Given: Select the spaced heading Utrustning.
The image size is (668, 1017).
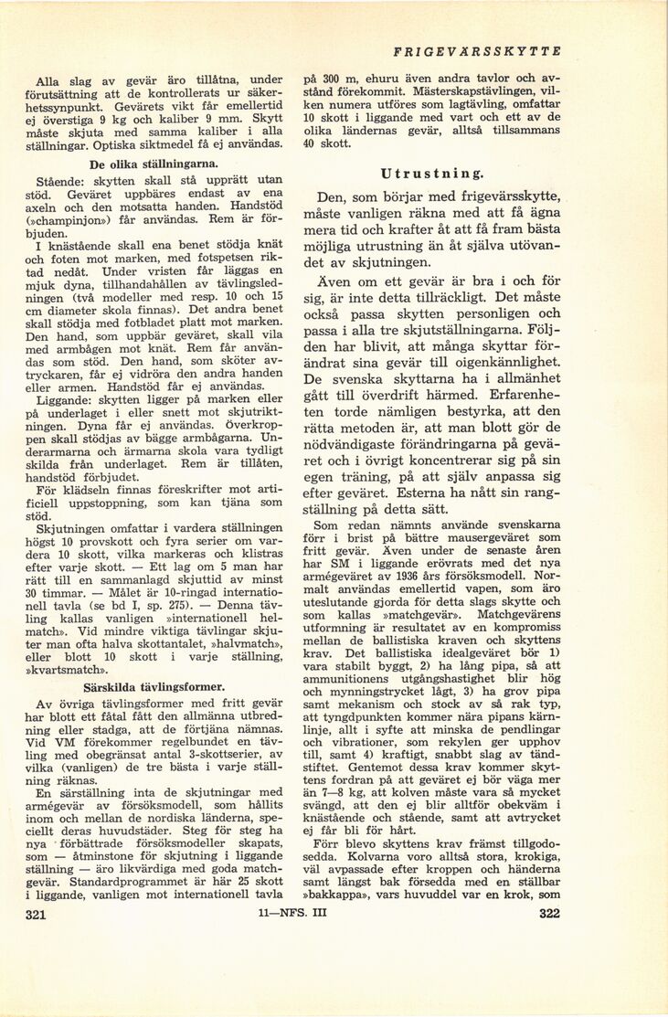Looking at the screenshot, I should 433,174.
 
